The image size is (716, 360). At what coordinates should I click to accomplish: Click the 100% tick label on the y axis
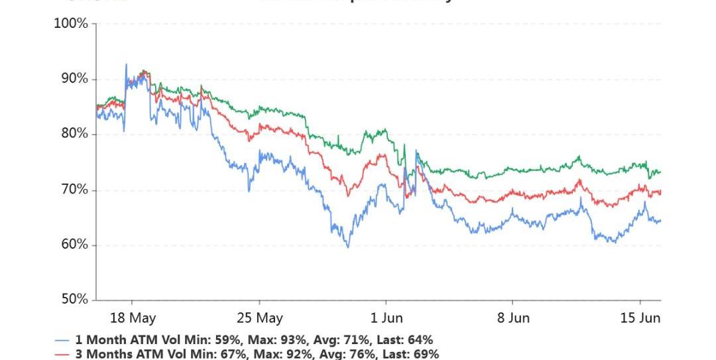[x=70, y=24]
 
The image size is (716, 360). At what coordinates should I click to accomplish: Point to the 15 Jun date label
[x=640, y=318]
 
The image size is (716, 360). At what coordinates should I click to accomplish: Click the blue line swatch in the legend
[x=62, y=340]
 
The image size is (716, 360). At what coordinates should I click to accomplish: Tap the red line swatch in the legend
[x=62, y=355]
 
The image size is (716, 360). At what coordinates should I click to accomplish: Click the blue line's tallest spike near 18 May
[x=126, y=64]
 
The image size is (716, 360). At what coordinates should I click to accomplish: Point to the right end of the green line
[x=660, y=172]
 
